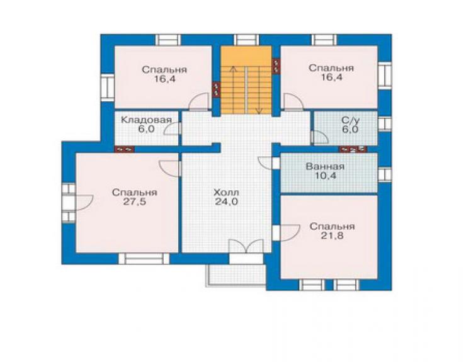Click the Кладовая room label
click(147, 120)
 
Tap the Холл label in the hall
click(226, 192)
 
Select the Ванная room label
click(325, 166)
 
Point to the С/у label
click(350, 120)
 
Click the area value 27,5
click(135, 202)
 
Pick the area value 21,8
click(332, 235)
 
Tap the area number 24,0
click(227, 202)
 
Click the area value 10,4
click(325, 176)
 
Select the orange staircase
click(246, 80)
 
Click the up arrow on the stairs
click(234, 90)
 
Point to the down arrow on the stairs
click(259, 90)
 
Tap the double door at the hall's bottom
click(246, 246)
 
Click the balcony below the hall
click(236, 275)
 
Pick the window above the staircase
click(246, 40)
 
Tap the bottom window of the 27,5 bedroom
click(144, 258)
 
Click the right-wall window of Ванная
click(385, 174)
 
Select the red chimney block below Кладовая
click(124, 149)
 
